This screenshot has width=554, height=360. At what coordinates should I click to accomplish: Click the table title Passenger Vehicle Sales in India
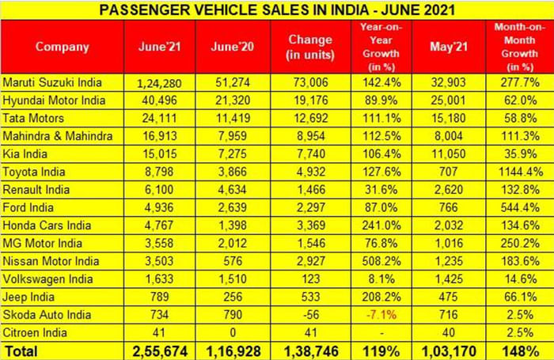coord(277,9)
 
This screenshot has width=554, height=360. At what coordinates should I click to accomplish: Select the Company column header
coord(62,47)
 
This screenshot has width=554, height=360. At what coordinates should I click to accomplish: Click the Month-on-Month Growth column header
coord(520,47)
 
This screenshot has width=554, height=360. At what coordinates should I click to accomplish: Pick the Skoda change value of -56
coord(305,314)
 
